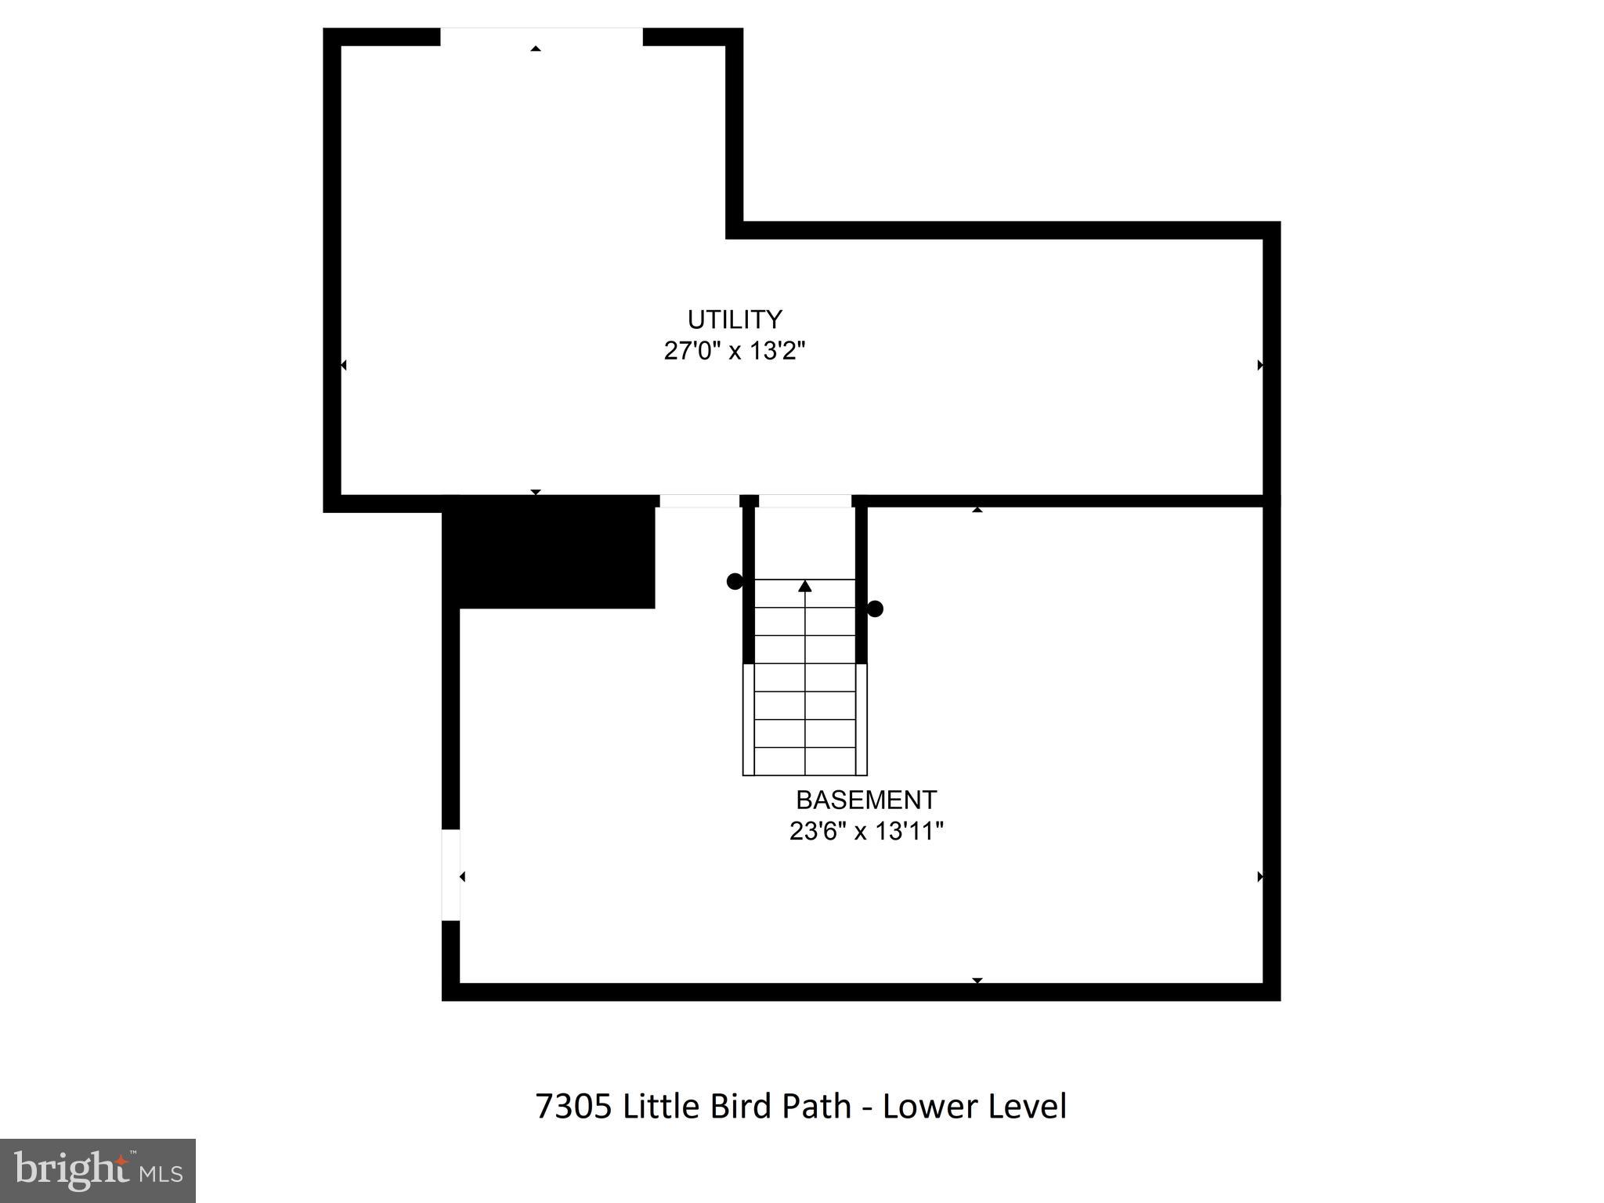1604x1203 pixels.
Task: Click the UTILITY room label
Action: click(x=735, y=320)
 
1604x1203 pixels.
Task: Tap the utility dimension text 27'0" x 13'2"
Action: click(x=735, y=350)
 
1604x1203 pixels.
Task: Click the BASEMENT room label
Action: click(x=866, y=800)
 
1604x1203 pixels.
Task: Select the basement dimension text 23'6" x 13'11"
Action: click(x=866, y=830)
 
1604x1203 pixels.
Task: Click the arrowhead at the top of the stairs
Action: click(x=805, y=586)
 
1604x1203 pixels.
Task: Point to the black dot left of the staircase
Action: click(x=735, y=581)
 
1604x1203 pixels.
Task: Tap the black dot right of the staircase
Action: click(x=876, y=609)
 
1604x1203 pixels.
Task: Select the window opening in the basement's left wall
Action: click(x=450, y=875)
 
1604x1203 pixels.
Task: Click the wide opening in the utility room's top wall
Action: click(x=541, y=37)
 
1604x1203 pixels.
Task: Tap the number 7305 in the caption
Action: click(x=573, y=1107)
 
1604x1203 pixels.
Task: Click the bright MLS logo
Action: click(x=98, y=1170)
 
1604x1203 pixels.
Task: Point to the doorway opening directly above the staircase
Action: click(x=805, y=501)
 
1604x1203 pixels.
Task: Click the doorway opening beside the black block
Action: click(x=699, y=501)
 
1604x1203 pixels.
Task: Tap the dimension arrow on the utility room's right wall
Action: click(x=1260, y=365)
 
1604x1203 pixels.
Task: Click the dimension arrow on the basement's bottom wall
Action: click(x=977, y=981)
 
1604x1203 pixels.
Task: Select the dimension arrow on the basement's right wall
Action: click(x=1260, y=876)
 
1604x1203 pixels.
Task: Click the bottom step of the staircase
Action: click(x=805, y=761)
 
